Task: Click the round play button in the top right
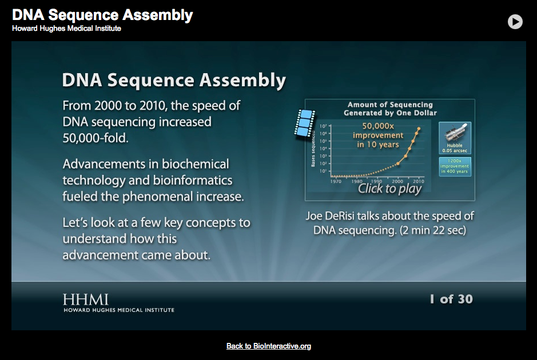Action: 515,22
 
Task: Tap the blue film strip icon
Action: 305,123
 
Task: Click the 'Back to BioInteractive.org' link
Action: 268,346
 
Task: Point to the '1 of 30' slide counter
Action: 451,299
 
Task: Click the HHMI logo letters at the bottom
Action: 86,299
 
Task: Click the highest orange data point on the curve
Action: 419,129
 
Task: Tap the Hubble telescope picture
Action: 455,135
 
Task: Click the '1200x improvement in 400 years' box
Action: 455,166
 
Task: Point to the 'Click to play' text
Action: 389,189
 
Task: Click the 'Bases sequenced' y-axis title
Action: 313,152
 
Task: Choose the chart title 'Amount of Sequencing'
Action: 390,105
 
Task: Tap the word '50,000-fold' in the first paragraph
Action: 96,137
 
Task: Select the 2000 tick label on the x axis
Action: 398,181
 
